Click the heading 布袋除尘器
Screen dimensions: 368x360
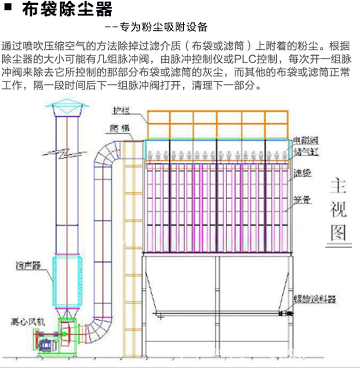pos(67,10)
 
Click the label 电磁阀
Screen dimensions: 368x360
pos(304,140)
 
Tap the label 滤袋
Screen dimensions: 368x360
pos(303,173)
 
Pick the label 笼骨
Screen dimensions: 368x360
pos(302,200)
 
